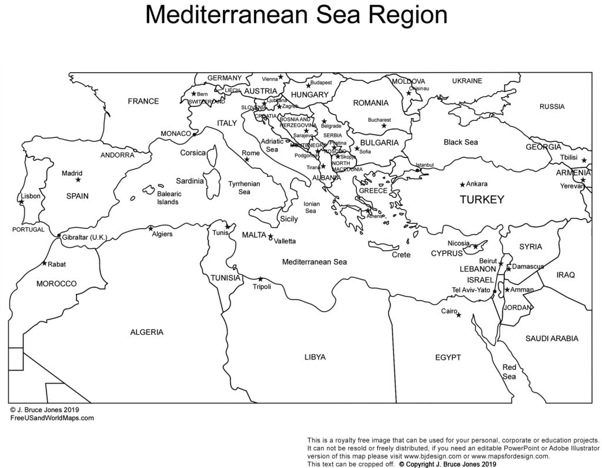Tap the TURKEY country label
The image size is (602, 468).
click(x=481, y=200)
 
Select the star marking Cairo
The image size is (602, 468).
click(x=459, y=315)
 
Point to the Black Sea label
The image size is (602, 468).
click(x=461, y=142)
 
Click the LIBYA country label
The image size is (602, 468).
click(x=315, y=356)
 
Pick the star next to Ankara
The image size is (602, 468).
click(x=463, y=184)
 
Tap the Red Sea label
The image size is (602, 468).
click(x=509, y=372)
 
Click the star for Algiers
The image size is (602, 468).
click(x=150, y=228)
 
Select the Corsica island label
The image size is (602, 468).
click(x=193, y=153)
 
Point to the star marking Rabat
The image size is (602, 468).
click(x=45, y=264)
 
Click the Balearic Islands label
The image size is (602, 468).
click(x=169, y=197)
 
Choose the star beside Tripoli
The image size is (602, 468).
click(x=260, y=279)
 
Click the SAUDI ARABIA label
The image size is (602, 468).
click(x=551, y=338)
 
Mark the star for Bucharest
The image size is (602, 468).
click(x=383, y=125)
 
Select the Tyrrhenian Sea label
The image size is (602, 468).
click(x=244, y=187)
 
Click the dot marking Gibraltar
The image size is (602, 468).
click(x=59, y=237)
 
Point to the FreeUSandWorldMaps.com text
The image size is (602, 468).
click(x=52, y=418)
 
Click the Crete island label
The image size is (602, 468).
click(x=401, y=255)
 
